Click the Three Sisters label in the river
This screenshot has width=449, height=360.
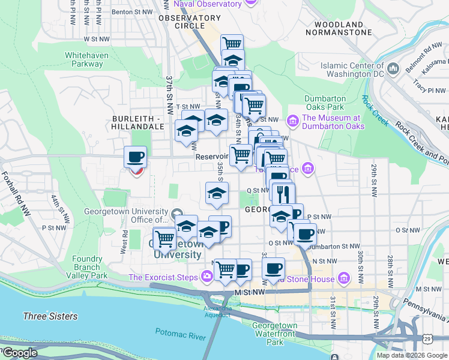[50, 316]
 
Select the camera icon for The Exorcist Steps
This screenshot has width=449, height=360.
[207, 276]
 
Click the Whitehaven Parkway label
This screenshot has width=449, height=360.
[92, 59]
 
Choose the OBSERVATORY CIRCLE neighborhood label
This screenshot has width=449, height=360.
[189, 22]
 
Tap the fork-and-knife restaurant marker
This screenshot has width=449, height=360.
[283, 193]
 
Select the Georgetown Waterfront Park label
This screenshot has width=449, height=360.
[274, 334]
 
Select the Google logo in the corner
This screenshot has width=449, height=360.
[19, 353]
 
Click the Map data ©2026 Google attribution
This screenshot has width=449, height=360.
[411, 355]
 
